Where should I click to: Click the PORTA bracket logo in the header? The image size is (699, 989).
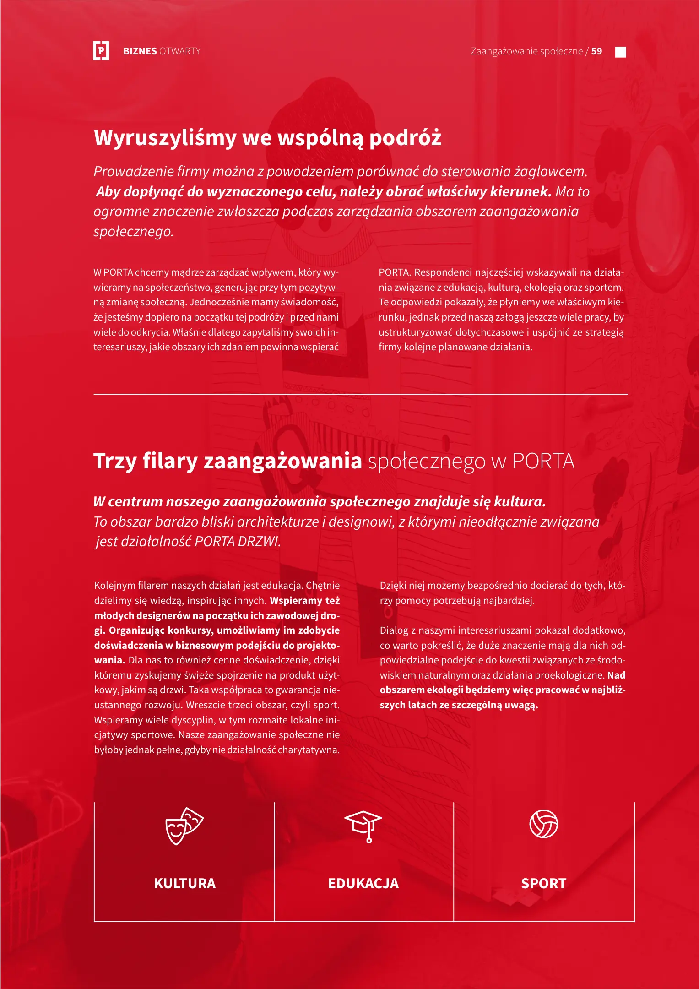(101, 51)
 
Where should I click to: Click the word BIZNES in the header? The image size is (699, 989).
(140, 51)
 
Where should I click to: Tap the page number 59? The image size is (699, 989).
(596, 51)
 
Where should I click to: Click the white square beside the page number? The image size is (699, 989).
(621, 52)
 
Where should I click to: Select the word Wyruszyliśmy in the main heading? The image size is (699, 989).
(165, 138)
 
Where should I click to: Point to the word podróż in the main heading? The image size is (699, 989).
(405, 138)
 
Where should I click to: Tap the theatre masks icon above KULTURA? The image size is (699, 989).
(184, 826)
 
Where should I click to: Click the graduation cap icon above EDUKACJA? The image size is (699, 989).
(363, 826)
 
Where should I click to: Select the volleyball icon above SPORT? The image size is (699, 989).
(543, 824)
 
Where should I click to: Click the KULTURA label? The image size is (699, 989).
(184, 883)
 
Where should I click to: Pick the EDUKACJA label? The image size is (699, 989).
(363, 883)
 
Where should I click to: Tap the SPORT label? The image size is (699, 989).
(543, 883)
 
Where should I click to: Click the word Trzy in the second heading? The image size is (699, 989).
(115, 461)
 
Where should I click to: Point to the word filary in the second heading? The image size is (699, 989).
(170, 461)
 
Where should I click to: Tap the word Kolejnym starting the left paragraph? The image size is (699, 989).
(114, 586)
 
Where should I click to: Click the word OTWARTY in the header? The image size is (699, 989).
(180, 51)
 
